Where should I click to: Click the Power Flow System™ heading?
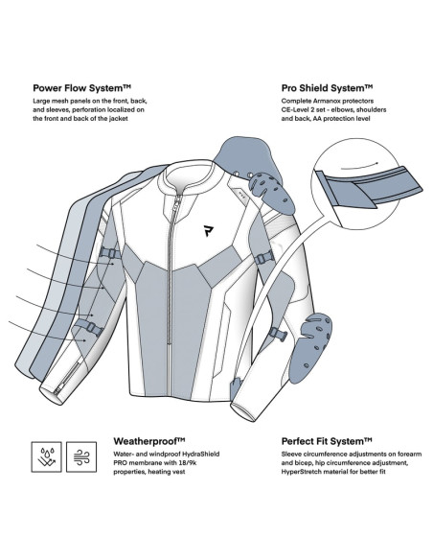coord(81,88)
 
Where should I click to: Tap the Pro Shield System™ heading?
coord(327,88)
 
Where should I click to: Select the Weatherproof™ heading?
coord(149,441)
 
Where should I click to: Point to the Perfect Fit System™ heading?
coord(327,441)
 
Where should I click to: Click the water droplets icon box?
coord(46,456)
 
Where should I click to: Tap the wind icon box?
coord(81,456)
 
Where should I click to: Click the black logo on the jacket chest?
coord(207,231)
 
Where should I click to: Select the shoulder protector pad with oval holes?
coord(271,192)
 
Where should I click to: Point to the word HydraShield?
coord(201,455)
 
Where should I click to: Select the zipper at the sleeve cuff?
coord(68,378)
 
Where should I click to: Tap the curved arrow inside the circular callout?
coord(359,165)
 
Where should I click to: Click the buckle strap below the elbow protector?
coord(278,334)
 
